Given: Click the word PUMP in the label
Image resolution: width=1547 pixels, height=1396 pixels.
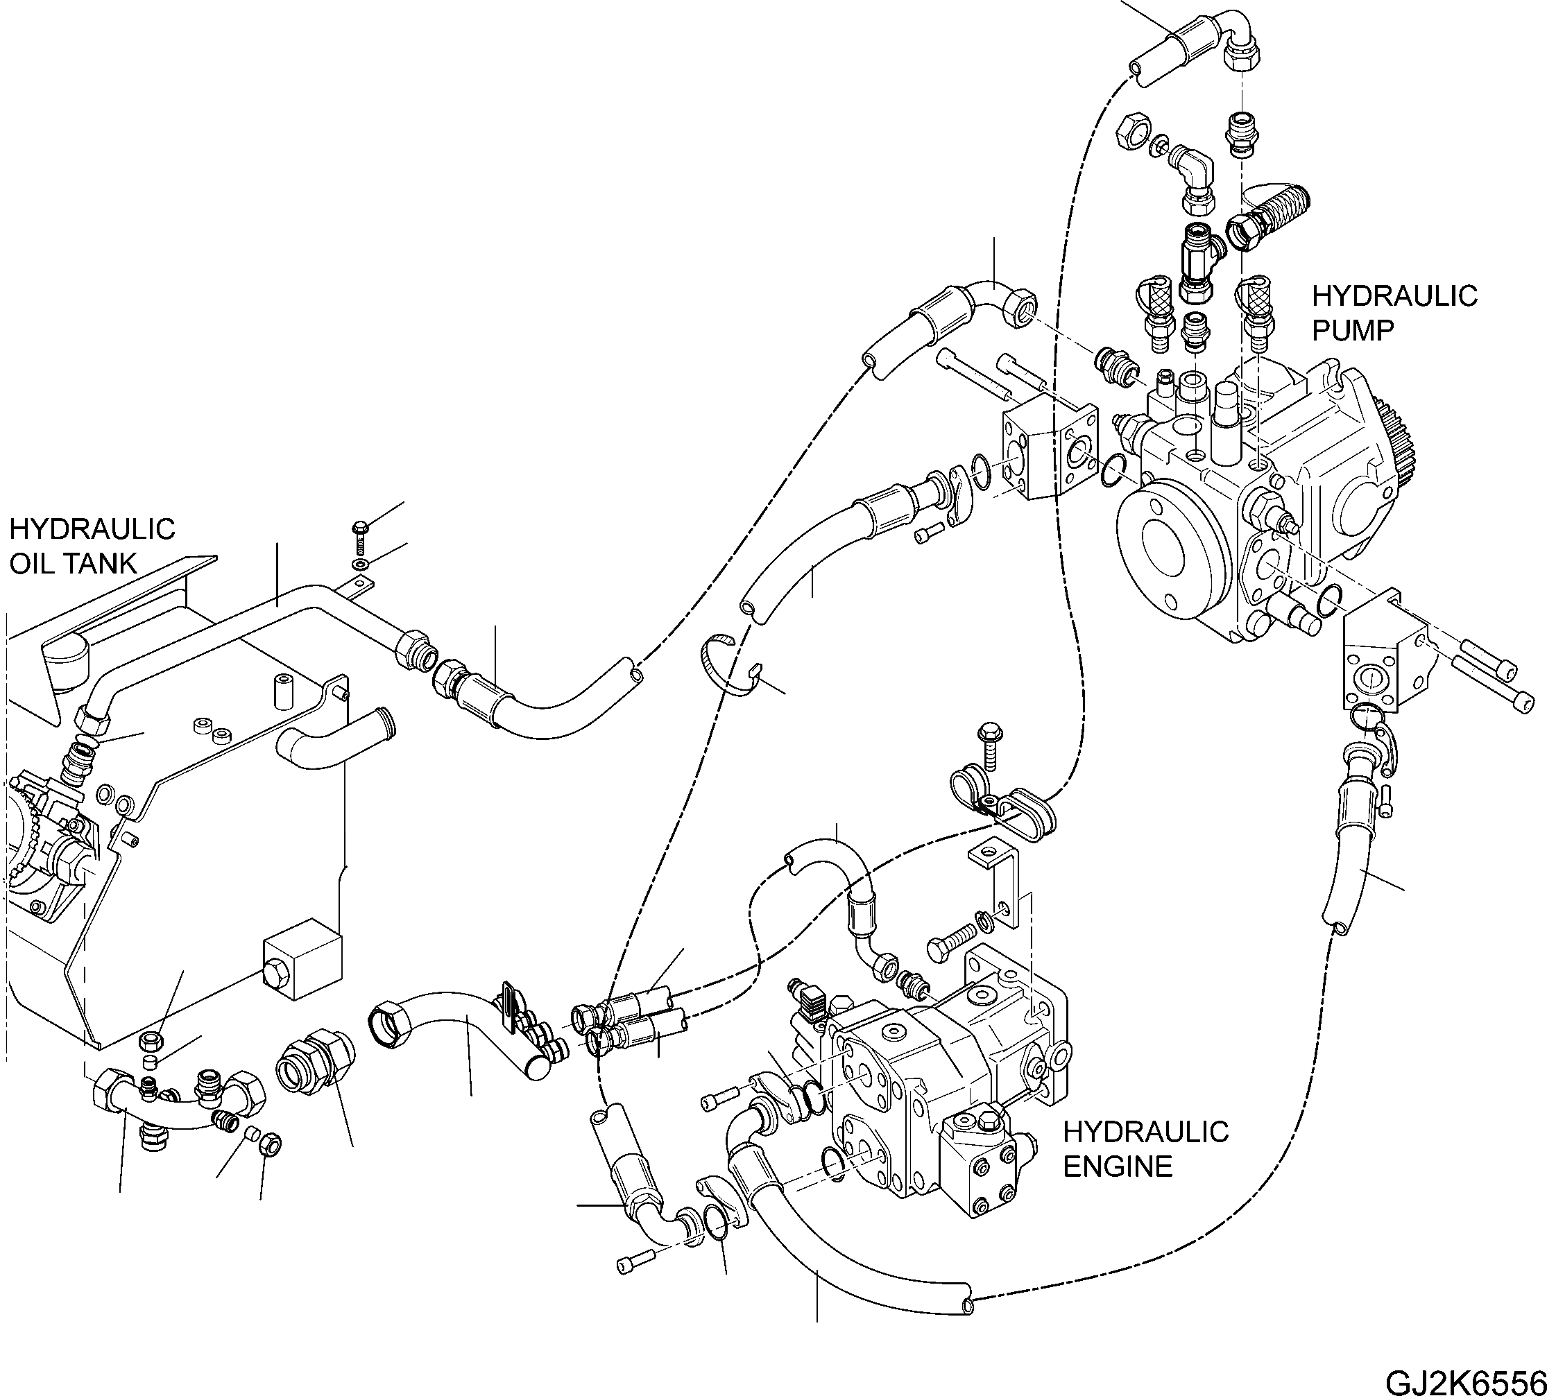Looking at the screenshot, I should click(x=1351, y=331).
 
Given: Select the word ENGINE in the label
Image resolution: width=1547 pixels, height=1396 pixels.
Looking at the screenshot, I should click(x=1118, y=1166).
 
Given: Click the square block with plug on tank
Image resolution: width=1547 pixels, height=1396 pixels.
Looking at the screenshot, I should click(x=301, y=959).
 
